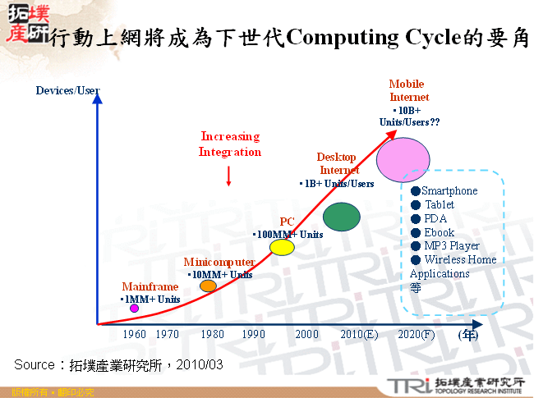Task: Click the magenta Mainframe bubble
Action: point(135,309)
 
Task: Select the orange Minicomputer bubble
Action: point(209,286)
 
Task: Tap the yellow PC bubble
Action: point(282,246)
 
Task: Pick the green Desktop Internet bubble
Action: point(342,216)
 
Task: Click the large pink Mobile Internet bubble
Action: point(403,159)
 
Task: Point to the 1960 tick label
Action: point(135,335)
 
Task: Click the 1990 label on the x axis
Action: point(254,335)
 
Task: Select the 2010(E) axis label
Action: point(359,335)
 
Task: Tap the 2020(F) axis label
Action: point(416,335)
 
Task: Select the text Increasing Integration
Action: point(230,144)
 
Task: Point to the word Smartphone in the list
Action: point(449,191)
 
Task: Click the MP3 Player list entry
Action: point(452,246)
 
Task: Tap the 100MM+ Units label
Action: point(288,235)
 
